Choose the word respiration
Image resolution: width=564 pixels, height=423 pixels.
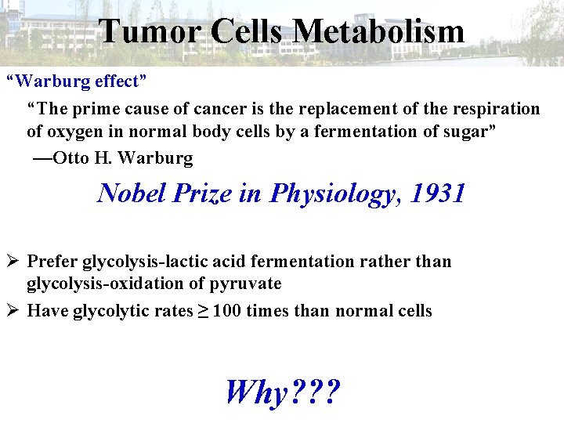pyautogui.click(x=495, y=108)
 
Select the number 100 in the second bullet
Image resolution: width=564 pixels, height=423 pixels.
pyautogui.click(x=227, y=311)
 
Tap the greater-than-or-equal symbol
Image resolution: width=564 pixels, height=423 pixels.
pyautogui.click(x=202, y=311)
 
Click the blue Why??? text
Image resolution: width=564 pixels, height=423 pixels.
pyautogui.click(x=282, y=391)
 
